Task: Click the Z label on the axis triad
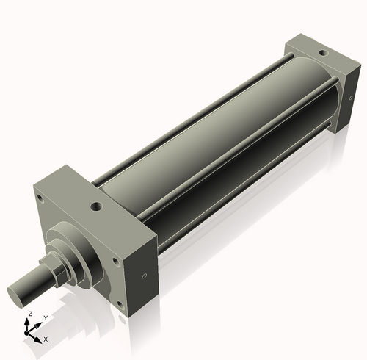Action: (x=29, y=314)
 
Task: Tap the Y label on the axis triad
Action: (x=46, y=317)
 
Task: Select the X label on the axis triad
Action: (x=46, y=339)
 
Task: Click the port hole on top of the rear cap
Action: (x=320, y=52)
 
